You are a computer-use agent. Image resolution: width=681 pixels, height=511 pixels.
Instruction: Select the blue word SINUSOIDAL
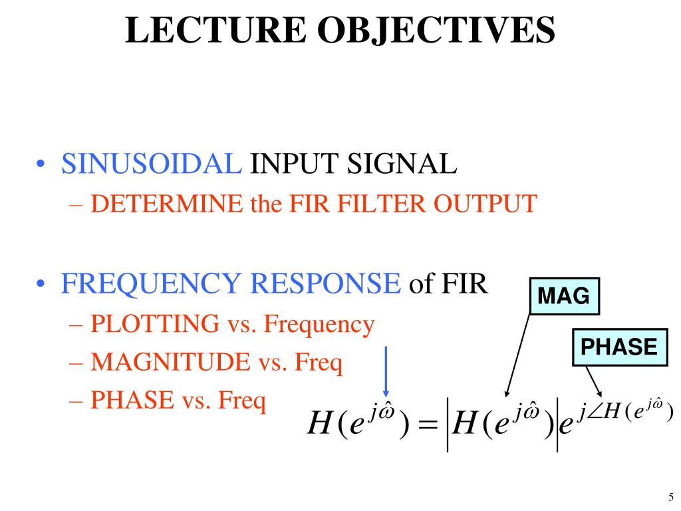tap(152, 164)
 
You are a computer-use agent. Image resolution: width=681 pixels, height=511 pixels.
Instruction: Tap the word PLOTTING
tap(155, 325)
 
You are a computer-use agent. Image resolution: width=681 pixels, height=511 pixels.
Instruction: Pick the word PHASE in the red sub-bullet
tap(130, 401)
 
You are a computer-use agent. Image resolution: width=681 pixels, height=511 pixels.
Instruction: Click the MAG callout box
tap(564, 296)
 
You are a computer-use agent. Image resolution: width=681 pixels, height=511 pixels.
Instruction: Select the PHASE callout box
tap(619, 347)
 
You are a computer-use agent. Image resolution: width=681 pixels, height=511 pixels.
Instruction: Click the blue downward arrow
tap(386, 373)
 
